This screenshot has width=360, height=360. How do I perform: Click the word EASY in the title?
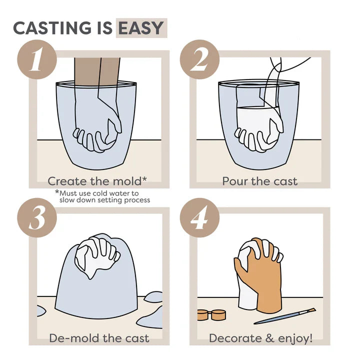coord(141,28)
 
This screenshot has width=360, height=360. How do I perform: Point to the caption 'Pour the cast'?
coord(259,180)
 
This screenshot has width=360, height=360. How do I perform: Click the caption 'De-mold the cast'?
coord(99,338)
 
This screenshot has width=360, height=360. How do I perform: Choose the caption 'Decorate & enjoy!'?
coord(260,338)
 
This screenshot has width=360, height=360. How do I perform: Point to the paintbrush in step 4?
coord(285,316)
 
